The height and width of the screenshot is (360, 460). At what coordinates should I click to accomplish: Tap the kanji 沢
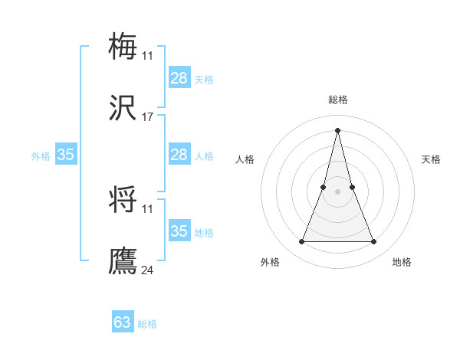(123, 110)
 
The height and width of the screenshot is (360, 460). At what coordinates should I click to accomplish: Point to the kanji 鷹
(123, 261)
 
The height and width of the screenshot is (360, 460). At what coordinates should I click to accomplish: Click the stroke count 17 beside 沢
(148, 117)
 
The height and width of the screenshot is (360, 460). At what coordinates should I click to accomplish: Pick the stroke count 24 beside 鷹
(148, 270)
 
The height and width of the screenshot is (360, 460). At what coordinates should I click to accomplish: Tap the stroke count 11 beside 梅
(148, 55)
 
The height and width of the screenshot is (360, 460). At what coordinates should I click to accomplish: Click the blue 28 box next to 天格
(179, 78)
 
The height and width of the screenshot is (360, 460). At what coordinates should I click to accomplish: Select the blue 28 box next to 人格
(179, 155)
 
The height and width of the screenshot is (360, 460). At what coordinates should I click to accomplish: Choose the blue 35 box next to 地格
(179, 231)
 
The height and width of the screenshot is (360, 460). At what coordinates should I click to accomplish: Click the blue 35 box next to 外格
(66, 155)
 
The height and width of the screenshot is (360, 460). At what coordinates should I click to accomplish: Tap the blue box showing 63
(123, 322)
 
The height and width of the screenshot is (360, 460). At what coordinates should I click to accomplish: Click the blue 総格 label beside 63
(148, 324)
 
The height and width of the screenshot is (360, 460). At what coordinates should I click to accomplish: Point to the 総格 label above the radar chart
(338, 100)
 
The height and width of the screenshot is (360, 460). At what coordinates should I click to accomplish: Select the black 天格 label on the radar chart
(432, 159)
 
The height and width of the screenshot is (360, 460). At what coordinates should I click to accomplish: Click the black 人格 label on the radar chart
(245, 159)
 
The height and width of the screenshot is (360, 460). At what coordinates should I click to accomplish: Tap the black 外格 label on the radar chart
(270, 262)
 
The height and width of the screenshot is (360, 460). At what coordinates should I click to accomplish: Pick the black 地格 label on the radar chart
(402, 262)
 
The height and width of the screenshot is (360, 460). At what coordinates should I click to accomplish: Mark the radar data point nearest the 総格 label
(337, 129)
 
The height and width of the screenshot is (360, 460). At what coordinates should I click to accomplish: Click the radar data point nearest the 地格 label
(374, 242)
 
